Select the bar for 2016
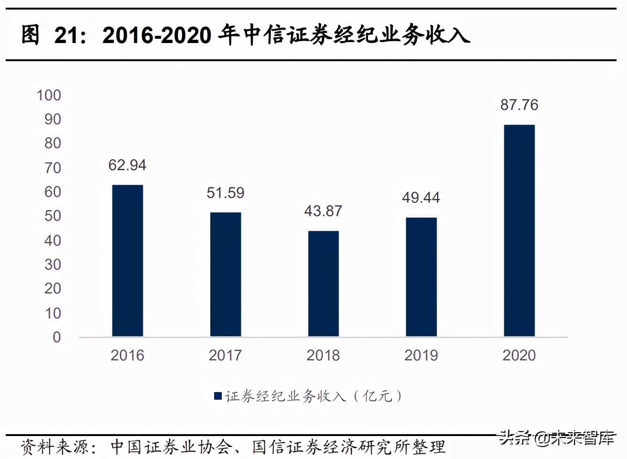pos(127,261)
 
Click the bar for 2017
pos(226,274)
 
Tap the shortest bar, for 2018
pos(323,284)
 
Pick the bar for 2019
pos(421,277)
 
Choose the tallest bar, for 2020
pos(519,230)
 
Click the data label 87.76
pos(519,105)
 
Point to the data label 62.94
pos(127,165)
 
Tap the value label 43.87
pos(323,211)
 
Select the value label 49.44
pos(421,197)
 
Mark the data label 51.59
pos(226,193)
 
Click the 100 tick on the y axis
pos(49,95)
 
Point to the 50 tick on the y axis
pos(53,216)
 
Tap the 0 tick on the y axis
pos(56,337)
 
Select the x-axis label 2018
pos(323,355)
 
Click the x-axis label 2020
pos(519,355)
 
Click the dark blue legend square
pos(218,396)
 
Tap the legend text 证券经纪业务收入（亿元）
pos(313,396)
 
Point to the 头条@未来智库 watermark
pos(557,437)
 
